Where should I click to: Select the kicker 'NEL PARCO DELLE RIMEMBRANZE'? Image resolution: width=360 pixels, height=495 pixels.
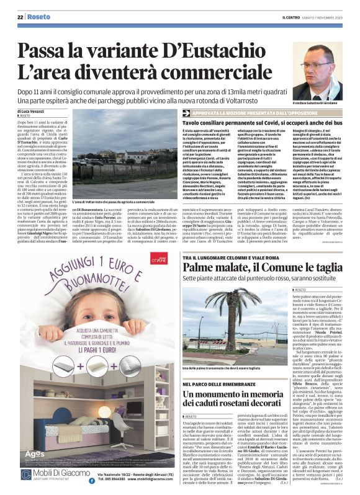coord(215,368)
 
